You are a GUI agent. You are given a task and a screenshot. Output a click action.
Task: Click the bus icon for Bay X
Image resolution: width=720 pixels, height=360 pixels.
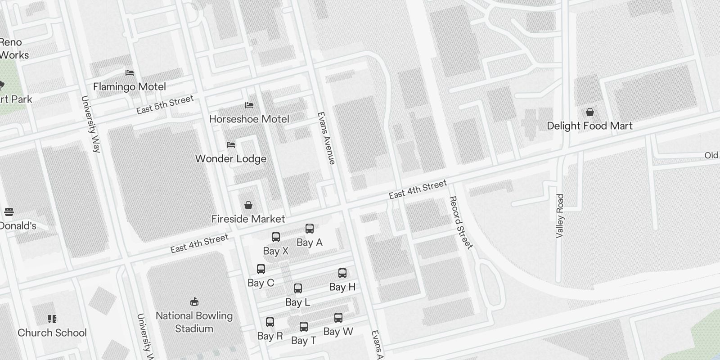(276, 237)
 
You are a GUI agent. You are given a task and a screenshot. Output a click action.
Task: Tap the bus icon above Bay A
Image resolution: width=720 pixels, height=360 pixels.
(310, 229)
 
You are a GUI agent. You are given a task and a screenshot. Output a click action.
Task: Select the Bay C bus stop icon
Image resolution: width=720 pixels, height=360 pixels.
(261, 269)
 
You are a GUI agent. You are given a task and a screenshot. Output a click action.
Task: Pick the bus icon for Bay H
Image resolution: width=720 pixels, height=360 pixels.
(342, 273)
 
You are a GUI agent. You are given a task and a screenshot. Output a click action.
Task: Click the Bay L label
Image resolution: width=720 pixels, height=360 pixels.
(297, 302)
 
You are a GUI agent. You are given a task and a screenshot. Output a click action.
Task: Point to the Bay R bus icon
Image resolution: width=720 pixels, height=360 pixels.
(270, 322)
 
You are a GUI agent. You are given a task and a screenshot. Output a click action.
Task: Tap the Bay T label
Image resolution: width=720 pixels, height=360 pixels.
(304, 341)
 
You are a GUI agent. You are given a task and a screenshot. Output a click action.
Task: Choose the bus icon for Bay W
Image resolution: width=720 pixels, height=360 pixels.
(338, 318)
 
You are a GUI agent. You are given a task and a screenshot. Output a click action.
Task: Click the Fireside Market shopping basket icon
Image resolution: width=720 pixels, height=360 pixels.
(248, 206)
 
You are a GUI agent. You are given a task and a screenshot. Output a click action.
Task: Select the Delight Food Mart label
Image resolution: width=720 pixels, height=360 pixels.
(589, 126)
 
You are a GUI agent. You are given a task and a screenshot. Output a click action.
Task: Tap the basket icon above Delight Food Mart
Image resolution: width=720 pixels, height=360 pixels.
(589, 112)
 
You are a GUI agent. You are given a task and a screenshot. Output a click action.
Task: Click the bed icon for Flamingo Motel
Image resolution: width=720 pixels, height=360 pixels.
(130, 72)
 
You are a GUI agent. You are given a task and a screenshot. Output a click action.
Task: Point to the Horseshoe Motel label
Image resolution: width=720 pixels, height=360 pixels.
(249, 119)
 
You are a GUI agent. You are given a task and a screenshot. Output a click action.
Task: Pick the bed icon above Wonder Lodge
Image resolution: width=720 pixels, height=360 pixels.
(231, 145)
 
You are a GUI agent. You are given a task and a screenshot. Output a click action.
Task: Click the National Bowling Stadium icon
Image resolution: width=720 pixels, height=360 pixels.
(194, 301)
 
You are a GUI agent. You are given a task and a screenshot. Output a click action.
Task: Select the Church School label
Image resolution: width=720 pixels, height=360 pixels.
(52, 333)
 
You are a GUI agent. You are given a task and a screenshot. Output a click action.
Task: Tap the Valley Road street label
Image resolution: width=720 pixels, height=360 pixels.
(560, 216)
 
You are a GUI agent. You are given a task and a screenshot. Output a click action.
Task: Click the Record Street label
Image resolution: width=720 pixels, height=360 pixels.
(461, 222)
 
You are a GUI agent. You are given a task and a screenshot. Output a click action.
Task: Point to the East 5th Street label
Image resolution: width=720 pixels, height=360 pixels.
(165, 104)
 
